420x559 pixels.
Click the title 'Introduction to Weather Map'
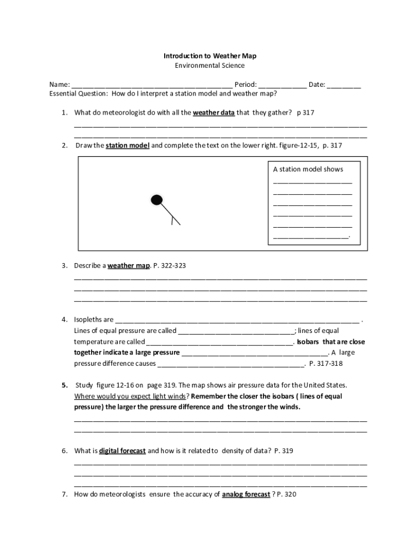[x=210, y=56]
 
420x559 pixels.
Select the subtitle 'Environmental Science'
[x=210, y=66]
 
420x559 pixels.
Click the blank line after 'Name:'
[x=152, y=86]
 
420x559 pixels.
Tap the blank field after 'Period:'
[x=282, y=86]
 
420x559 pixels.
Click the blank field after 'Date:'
[x=344, y=86]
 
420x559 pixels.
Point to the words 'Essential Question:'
[x=79, y=93]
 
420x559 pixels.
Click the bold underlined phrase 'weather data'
[x=214, y=112]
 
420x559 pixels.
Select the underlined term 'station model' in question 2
[x=127, y=146]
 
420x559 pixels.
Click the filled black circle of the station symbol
[x=157, y=200]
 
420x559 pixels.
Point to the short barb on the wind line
[x=173, y=220]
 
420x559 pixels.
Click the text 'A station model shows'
[x=308, y=169]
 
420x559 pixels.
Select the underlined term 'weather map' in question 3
[x=129, y=265]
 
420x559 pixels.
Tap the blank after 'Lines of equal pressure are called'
[x=236, y=331]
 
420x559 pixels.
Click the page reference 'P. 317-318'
[x=326, y=363]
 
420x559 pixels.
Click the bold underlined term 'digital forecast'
[x=122, y=451]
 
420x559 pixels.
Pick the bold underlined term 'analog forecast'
[x=246, y=495]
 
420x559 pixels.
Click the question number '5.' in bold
[x=64, y=385]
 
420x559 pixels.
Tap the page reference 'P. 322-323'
[x=170, y=265]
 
